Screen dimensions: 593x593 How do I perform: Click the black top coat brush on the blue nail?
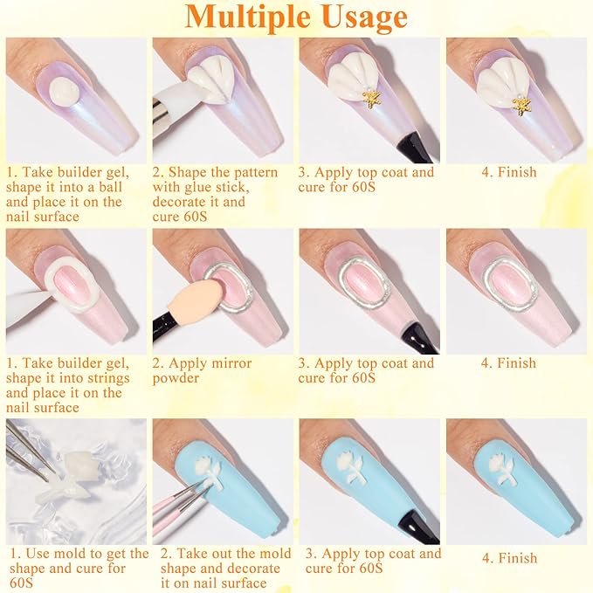click(407, 523)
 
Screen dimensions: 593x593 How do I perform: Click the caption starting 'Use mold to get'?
click(79, 569)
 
